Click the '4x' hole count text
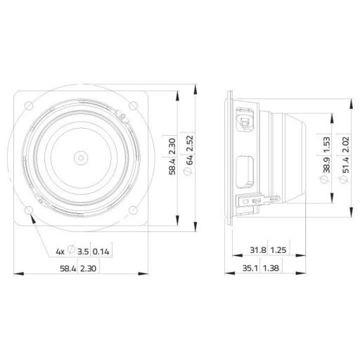60,251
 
